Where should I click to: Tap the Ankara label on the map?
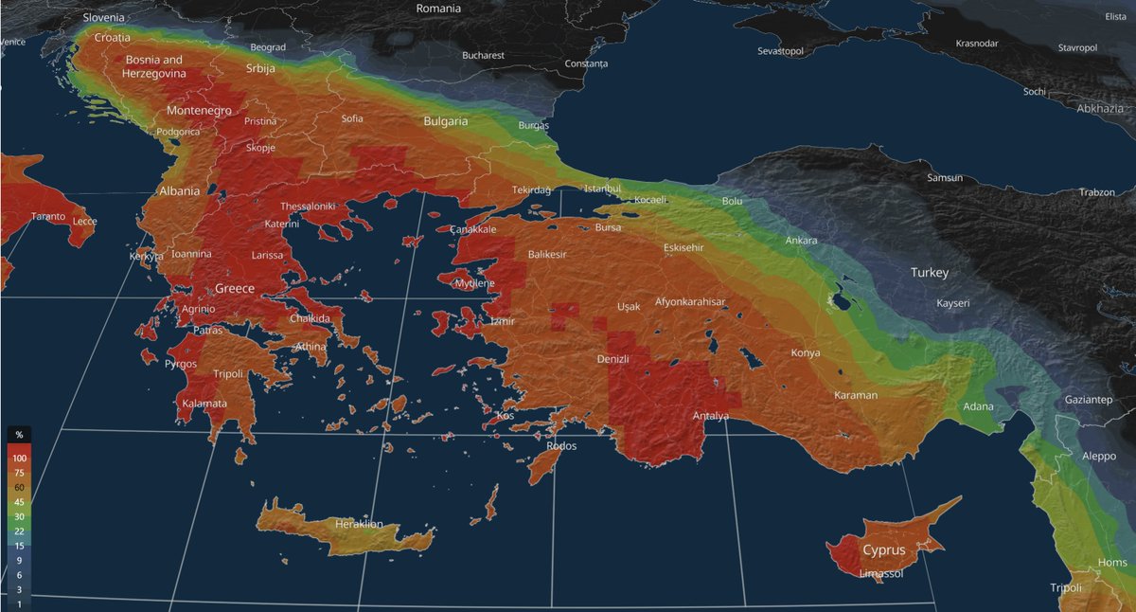pos(801,241)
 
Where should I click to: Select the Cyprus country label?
pos(883,550)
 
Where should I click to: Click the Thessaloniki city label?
pos(308,207)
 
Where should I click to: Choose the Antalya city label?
pos(711,416)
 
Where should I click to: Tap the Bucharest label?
pos(483,56)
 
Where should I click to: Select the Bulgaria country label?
pos(445,121)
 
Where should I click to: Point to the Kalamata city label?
pos(203,404)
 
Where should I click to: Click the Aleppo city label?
pos(1098,456)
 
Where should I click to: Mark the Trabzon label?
pos(1096,192)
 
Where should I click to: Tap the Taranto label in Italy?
pos(48,217)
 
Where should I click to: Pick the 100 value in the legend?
pos(19,459)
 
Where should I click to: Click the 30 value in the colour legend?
pos(19,516)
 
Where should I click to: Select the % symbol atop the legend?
pos(19,434)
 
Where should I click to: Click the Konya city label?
pos(806,353)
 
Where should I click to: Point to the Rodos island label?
pos(561,445)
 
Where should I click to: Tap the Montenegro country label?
pos(199,111)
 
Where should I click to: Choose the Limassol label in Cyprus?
pos(881,574)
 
